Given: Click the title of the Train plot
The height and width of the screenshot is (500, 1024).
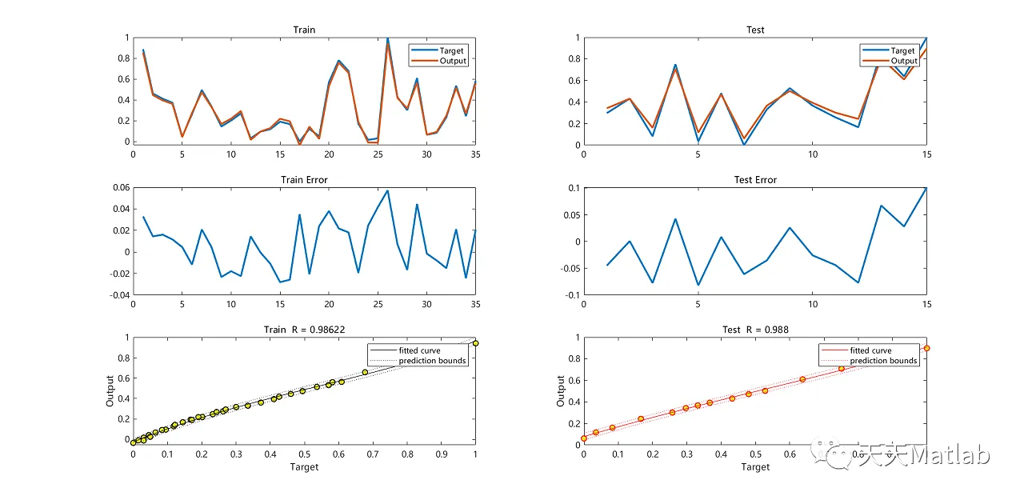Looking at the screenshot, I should coord(304,30).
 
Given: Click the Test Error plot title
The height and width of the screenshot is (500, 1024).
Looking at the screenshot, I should coord(755,180).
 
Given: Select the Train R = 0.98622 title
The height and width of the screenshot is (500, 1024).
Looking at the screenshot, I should coord(304,330).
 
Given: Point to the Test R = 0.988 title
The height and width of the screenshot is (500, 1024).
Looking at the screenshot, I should coord(755,330).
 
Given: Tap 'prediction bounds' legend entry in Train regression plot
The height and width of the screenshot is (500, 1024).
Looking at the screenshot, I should coord(432,361).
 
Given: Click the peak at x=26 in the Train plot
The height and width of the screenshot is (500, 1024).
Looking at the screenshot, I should coord(388,38).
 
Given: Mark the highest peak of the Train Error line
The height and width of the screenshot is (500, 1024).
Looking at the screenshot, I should coord(388,190).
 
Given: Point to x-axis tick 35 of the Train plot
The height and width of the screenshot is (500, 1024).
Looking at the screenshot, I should coord(475,154).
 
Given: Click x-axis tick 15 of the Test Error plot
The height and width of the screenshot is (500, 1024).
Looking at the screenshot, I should coord(926,305).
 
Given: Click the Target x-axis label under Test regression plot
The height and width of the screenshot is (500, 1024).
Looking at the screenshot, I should coord(755,466).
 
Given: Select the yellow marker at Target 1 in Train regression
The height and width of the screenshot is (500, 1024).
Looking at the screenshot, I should coord(475,343).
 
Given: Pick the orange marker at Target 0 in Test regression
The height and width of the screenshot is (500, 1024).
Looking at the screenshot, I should coord(584,438).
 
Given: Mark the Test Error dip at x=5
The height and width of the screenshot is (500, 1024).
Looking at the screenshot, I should coord(698,285).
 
